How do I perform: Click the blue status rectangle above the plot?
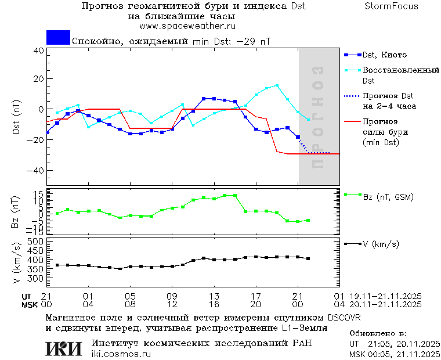58,38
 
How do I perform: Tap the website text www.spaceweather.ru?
187,26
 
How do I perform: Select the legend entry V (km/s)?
381,244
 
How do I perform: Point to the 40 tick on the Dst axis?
39,51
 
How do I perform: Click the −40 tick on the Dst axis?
36,171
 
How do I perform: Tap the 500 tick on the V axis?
36,242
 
